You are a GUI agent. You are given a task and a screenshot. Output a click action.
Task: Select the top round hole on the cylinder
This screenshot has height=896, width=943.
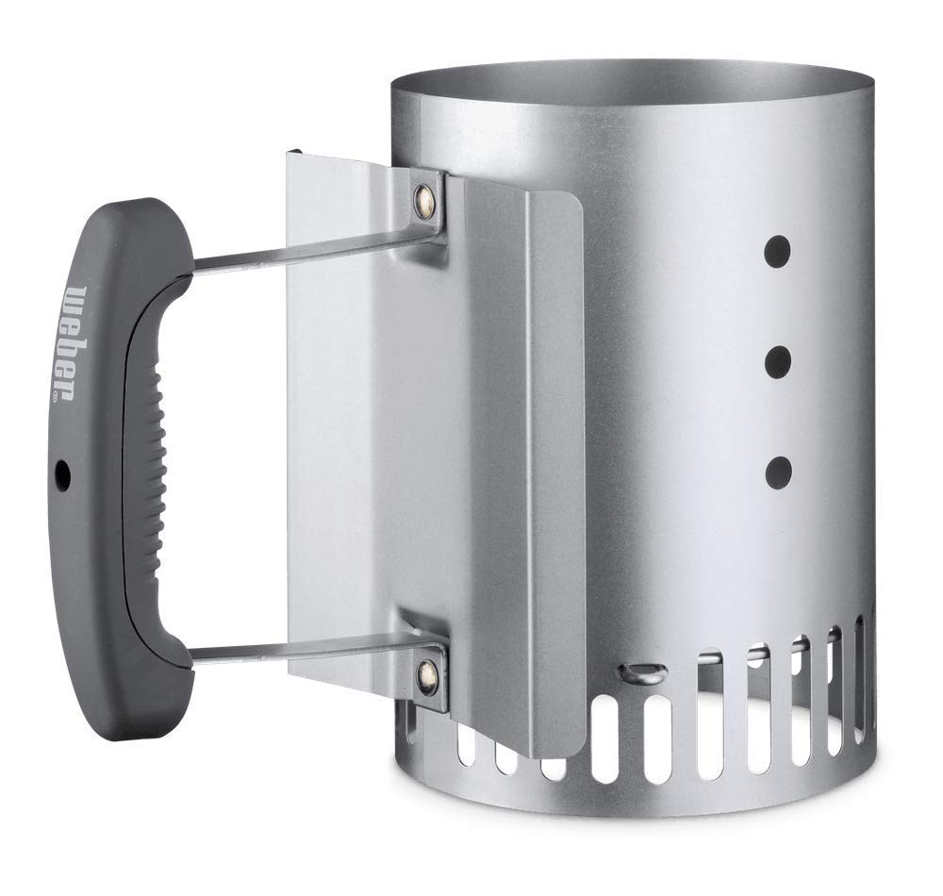coord(776,253)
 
